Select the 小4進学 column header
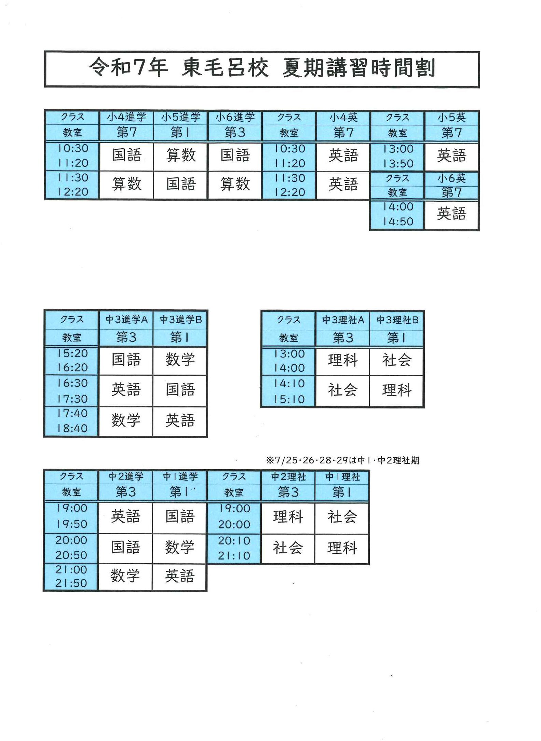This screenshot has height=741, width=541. (126, 117)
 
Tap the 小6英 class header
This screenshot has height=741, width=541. (451, 178)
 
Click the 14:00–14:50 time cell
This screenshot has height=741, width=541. (398, 214)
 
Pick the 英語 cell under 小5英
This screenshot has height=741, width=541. (451, 156)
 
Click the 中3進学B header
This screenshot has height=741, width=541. (180, 320)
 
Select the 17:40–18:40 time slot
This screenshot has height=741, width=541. (72, 421)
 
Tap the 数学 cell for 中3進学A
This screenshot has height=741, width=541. (126, 421)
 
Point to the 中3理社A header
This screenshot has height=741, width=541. (343, 320)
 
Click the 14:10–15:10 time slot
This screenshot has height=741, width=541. (289, 391)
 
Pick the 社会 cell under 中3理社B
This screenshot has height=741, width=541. (396, 360)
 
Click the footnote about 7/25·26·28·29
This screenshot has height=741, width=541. (342, 460)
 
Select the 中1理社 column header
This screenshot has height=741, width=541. (342, 477)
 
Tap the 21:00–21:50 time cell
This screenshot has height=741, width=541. (71, 577)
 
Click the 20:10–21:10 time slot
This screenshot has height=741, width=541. (234, 548)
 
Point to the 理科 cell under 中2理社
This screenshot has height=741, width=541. (288, 517)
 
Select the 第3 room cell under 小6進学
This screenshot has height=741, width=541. (235, 132)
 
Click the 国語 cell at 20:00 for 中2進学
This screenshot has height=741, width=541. (125, 547)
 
